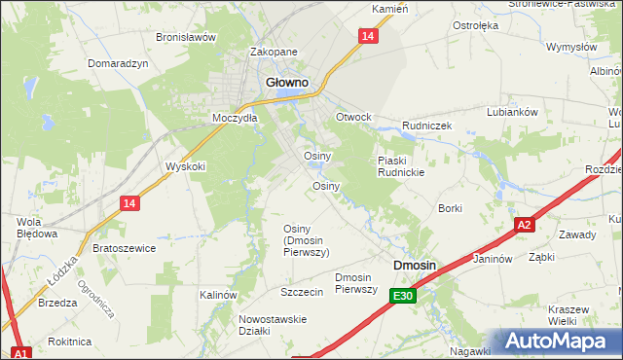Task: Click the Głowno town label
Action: [x=287, y=83]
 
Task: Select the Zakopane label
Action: [x=273, y=53]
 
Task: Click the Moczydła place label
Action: [x=235, y=118]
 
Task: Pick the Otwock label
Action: [x=353, y=117]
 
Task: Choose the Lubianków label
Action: [x=513, y=112]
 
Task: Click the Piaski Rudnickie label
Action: [x=400, y=166]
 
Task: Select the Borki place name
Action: [x=450, y=208]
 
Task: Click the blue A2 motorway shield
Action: [x=524, y=225]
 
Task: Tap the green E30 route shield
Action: [x=405, y=296]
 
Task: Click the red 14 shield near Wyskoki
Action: [x=129, y=202]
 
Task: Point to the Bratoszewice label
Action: [x=124, y=248]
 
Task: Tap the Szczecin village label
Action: [x=301, y=292]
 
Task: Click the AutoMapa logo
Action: [x=559, y=342]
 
